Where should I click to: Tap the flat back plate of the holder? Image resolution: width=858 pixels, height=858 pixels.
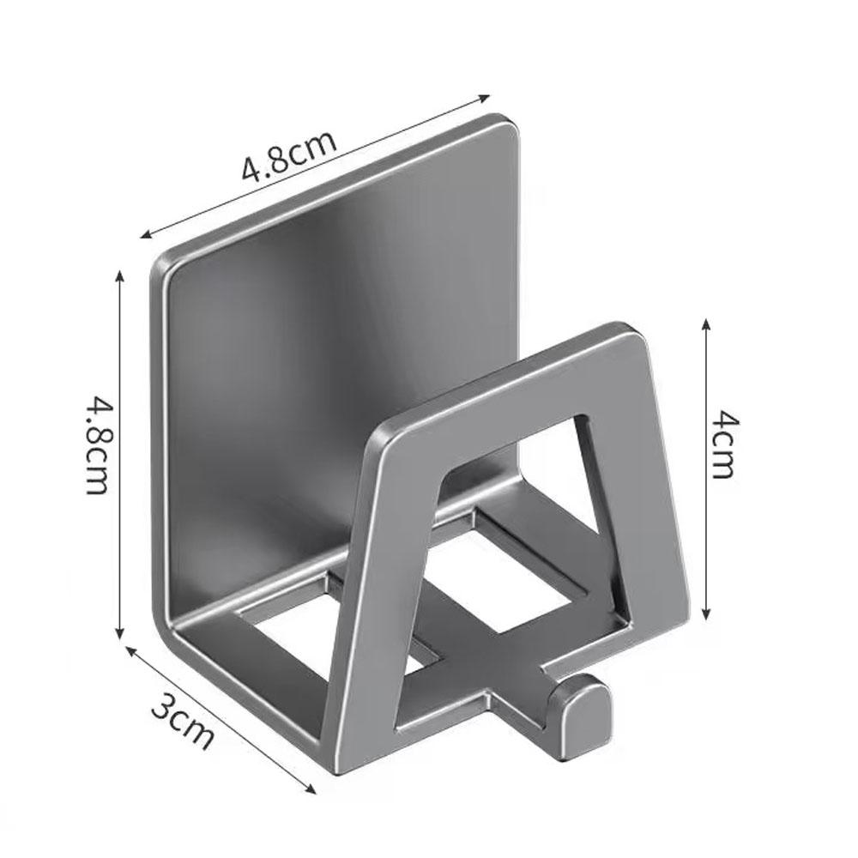pos(335,343)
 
